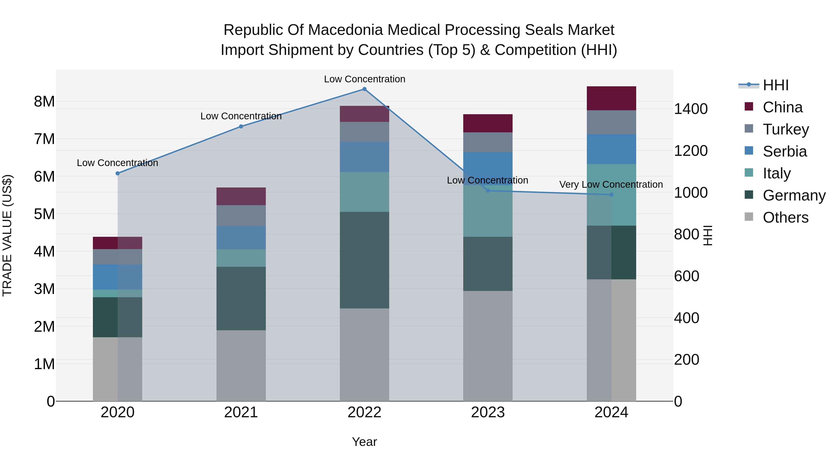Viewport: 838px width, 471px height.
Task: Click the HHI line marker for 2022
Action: click(364, 89)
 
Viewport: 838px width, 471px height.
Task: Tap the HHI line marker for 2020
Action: click(118, 173)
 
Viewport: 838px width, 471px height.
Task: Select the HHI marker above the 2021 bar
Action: click(241, 127)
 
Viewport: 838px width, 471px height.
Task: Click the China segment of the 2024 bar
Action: click(611, 98)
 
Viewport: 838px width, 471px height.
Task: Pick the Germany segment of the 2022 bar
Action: click(364, 260)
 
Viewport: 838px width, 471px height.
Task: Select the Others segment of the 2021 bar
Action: click(241, 366)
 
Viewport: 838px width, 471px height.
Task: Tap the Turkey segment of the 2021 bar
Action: click(241, 215)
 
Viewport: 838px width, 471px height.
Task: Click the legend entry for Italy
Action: click(777, 173)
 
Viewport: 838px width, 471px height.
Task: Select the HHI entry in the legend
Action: click(776, 85)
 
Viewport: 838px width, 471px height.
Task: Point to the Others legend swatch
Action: click(749, 217)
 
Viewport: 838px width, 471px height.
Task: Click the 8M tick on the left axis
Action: click(44, 101)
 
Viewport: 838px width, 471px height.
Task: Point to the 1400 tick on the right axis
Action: click(690, 109)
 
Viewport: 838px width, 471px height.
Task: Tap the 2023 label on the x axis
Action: click(488, 412)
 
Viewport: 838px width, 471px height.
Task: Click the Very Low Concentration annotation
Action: click(611, 184)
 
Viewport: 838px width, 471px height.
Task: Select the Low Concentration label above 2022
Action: click(364, 79)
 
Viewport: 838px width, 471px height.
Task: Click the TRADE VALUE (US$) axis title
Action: click(7, 235)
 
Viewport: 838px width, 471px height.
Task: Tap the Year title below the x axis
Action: click(364, 442)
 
